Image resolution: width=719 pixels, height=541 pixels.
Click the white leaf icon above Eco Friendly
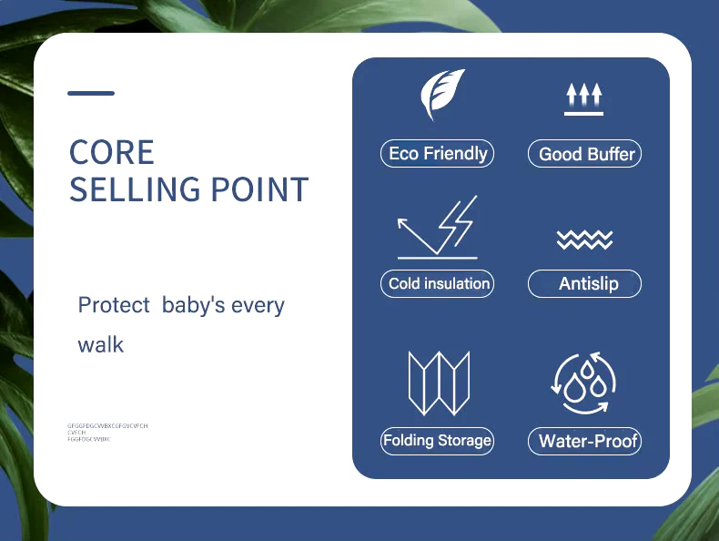[441, 94]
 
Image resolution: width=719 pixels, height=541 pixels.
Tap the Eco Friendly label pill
[437, 154]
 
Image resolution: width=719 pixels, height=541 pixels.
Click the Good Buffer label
[585, 154]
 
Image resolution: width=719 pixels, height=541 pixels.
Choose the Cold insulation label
[438, 283]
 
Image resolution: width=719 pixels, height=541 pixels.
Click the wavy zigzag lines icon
[584, 240]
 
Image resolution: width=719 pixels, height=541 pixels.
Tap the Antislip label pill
[585, 284]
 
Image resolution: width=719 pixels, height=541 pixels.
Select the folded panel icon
[437, 383]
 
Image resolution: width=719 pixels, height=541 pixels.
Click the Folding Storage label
[437, 441]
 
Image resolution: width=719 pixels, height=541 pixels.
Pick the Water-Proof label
[585, 442]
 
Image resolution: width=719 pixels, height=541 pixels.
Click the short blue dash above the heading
[91, 93]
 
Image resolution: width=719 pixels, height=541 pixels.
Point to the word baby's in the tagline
[193, 305]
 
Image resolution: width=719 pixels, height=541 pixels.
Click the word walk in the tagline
[100, 345]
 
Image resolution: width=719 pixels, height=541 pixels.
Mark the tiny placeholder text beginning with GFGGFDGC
[107, 425]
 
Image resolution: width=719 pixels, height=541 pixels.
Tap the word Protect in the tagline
[114, 305]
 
